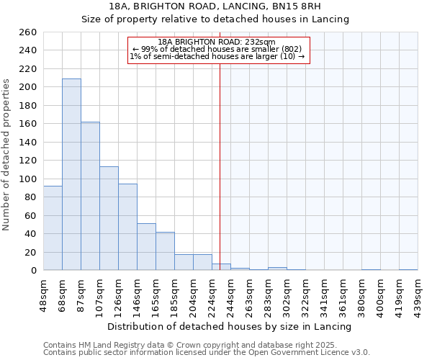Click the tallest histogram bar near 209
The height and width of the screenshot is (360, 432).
coord(71,174)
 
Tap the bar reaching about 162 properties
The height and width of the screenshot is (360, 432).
coord(90,196)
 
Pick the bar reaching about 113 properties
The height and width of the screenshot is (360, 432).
coord(109,218)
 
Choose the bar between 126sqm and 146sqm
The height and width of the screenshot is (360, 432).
coord(127,227)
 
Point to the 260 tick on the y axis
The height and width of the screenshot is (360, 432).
coord(28,32)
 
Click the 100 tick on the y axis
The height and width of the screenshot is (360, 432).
coord(28,179)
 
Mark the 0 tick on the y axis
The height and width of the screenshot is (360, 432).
coord(34,271)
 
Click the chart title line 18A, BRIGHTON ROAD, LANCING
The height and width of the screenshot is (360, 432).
coord(215,6)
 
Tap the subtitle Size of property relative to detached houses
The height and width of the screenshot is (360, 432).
coord(215,19)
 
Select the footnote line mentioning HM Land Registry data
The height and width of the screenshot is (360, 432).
coord(200,345)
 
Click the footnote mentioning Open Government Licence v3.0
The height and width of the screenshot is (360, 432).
coord(206,352)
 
